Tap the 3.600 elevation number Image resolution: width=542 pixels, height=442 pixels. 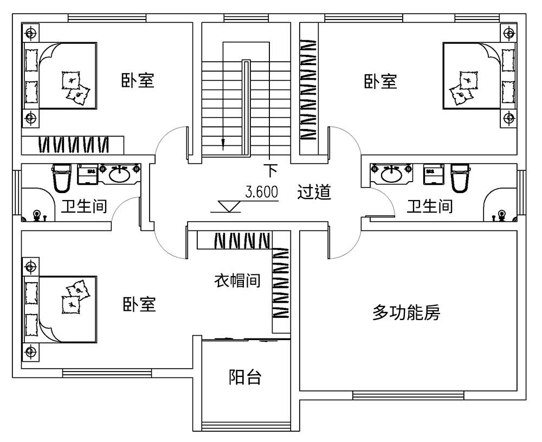[261, 192]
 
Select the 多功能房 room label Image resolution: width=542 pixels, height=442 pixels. [406, 312]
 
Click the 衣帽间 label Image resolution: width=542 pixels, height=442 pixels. [237, 281]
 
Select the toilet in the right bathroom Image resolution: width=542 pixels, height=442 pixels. [459, 177]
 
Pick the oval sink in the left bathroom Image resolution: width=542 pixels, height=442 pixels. [120, 174]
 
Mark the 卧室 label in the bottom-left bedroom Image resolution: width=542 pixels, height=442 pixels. [139, 304]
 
